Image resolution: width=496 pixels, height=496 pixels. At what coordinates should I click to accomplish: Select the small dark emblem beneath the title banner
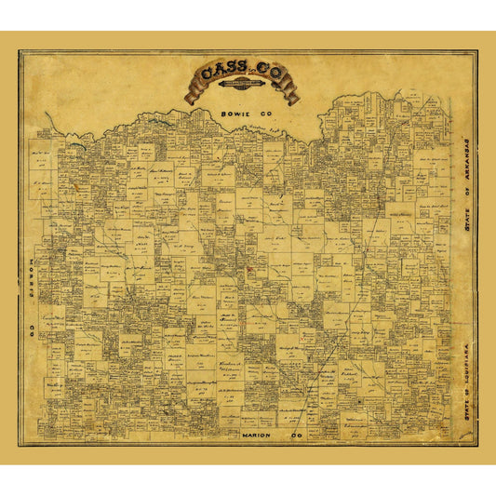pos(244,91)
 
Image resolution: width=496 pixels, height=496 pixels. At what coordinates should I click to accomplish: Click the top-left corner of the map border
pos(20,51)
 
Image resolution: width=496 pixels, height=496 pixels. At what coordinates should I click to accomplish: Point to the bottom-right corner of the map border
pos(476,445)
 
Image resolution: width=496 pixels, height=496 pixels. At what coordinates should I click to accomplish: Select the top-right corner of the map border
pos(476,51)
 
